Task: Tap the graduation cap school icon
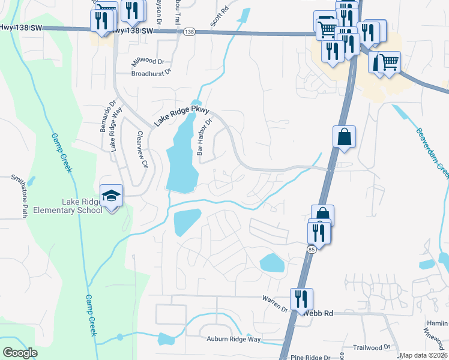coord(111,196)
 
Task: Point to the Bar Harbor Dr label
coord(204,140)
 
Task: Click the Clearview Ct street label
coord(142,150)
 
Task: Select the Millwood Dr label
coord(148,62)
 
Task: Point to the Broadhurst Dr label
coord(151,72)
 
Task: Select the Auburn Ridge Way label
coord(234,340)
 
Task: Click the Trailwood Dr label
coord(372,347)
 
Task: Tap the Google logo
coord(20,353)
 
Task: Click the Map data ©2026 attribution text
coord(423,355)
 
